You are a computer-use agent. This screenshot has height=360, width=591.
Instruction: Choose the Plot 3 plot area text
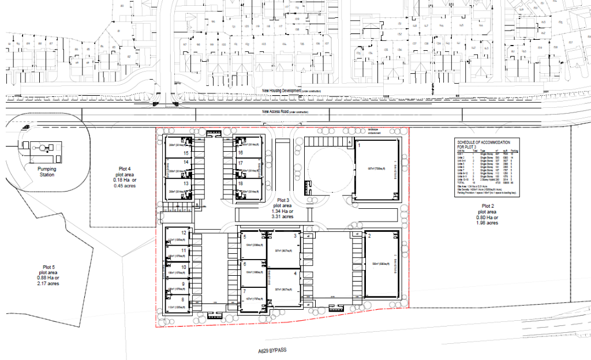tap(283, 209)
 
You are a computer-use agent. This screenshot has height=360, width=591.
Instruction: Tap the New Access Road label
tap(285, 112)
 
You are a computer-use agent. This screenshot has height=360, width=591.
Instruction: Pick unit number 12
tap(184, 232)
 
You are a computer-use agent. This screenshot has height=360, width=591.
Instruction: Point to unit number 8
tap(184, 299)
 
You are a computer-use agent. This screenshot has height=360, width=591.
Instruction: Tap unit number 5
tap(245, 237)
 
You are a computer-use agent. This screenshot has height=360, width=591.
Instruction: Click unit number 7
tap(245, 292)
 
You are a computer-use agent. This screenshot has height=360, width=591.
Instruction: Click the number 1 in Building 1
tap(359, 146)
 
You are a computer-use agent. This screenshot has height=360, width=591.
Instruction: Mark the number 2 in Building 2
tap(369, 237)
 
